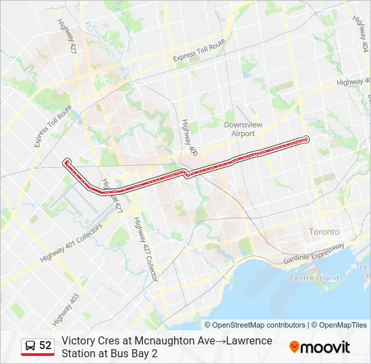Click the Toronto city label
(x=324, y=231)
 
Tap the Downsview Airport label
(x=239, y=129)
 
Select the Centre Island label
(x=314, y=278)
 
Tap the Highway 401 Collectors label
(x=71, y=243)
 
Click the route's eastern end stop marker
(x=306, y=140)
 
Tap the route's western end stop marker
(x=67, y=162)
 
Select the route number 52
(x=45, y=346)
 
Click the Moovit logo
(x=320, y=347)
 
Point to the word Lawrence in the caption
(x=252, y=341)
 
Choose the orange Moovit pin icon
(x=294, y=347)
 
